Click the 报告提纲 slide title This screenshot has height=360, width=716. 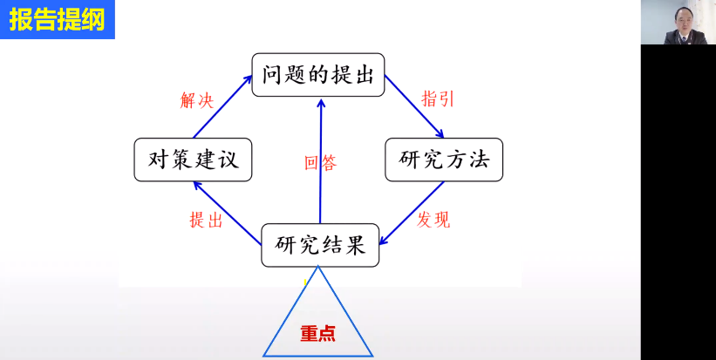coord(58,19)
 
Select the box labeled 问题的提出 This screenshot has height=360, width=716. coord(317,75)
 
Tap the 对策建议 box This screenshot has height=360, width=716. coord(193,160)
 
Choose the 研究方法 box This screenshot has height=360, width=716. coord(444,160)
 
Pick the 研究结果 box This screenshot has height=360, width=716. coord(320,245)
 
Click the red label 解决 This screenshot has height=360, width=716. coord(197,100)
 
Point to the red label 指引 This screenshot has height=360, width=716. coord(438,98)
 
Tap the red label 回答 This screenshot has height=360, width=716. coord(321,162)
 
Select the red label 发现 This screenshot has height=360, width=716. coord(433,220)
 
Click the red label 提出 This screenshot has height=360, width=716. coord(206,220)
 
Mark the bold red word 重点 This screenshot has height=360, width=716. coord(317,334)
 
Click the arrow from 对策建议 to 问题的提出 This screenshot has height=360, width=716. coord(223,106)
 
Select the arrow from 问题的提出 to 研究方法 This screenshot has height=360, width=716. coord(414,106)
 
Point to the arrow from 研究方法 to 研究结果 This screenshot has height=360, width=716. coord(413,213)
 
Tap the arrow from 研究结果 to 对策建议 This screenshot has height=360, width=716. coord(227,213)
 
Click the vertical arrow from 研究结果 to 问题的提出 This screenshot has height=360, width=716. coord(321,160)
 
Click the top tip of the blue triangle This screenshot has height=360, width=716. coord(317,267)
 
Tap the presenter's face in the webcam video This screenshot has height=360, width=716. coord(682,20)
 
